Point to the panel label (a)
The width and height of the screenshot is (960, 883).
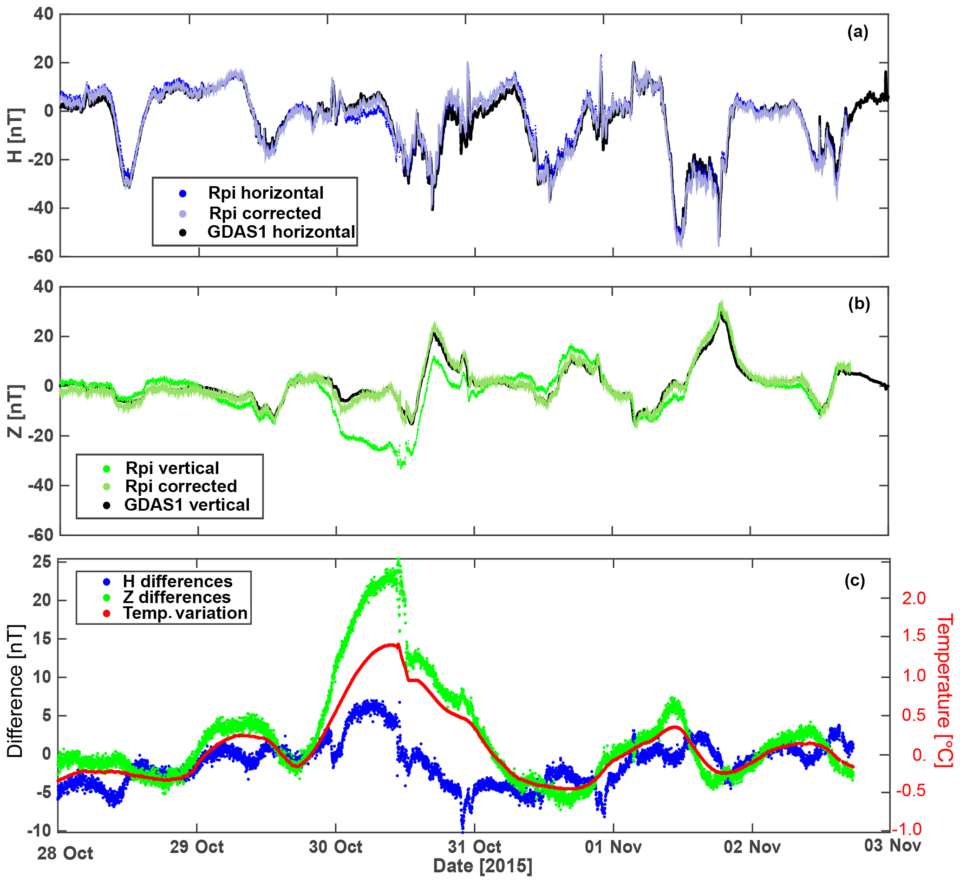[x=857, y=32]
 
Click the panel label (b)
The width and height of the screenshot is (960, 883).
[x=859, y=305]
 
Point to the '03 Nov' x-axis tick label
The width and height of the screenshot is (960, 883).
[x=892, y=846]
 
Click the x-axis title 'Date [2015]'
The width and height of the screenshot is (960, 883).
[x=483, y=866]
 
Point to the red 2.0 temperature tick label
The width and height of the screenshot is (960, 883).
[x=914, y=599]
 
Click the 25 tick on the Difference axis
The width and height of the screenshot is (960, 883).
[x=42, y=562]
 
